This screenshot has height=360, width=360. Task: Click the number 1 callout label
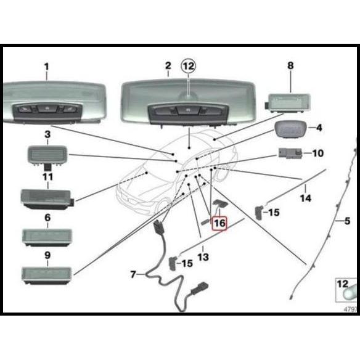tap(46, 66)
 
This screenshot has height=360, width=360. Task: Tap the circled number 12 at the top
tap(187, 65)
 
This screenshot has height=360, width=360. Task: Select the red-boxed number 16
tap(219, 223)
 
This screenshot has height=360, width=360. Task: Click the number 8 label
tap(290, 65)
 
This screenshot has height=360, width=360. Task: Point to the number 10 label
tap(317, 152)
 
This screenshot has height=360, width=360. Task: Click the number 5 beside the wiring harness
tap(347, 220)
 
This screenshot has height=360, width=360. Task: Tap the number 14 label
tap(305, 198)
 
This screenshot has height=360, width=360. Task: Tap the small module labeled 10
tap(288, 152)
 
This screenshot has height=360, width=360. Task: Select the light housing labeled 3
tap(46, 153)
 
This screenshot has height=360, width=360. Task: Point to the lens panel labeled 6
tap(46, 237)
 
